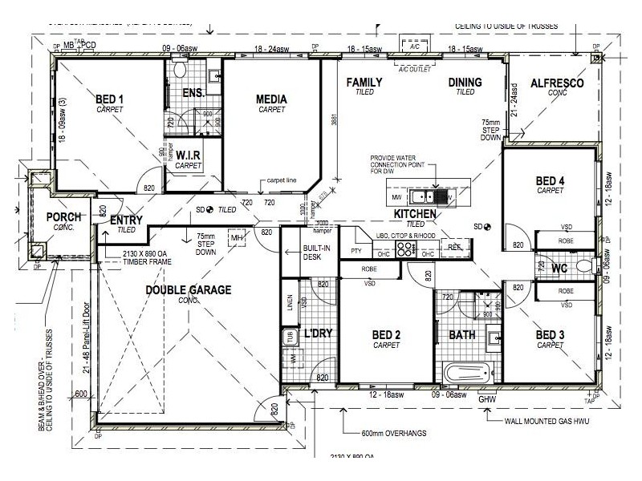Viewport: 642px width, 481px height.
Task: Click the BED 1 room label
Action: [109, 99]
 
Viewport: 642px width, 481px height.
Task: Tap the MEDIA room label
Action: [271, 99]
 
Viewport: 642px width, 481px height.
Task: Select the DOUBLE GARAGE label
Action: [188, 289]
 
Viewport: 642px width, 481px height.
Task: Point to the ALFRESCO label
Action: [557, 83]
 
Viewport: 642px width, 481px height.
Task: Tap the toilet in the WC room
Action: [583, 266]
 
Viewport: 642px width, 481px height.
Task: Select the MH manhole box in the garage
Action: [237, 239]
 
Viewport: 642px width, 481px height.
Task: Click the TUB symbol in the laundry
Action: [288, 336]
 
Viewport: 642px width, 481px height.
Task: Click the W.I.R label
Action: [188, 154]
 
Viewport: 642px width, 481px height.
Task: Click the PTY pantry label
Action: [356, 252]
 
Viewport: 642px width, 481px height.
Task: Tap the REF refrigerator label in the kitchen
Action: [453, 247]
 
